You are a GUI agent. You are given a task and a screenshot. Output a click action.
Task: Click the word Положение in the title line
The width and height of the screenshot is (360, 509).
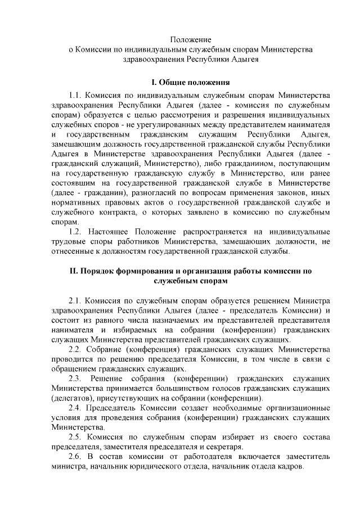(x=191, y=40)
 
